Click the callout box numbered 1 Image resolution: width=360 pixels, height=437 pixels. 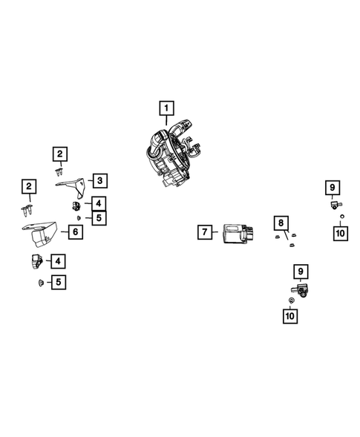click(166, 108)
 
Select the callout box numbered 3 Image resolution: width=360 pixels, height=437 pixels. click(99, 180)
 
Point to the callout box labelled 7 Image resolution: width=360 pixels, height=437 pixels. click(205, 231)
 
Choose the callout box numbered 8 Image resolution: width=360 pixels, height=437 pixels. click(281, 222)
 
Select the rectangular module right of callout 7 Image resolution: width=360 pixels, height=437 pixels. click(235, 234)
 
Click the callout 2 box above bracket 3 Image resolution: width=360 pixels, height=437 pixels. click(59, 154)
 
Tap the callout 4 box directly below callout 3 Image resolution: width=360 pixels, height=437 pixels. click(99, 202)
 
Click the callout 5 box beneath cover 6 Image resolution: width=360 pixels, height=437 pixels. click(58, 281)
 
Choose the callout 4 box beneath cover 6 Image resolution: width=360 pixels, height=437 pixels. click(58, 260)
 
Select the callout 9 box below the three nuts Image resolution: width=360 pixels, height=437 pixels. click(300, 271)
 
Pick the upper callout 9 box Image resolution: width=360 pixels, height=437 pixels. click(333, 187)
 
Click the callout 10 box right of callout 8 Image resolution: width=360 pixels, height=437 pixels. click(341, 234)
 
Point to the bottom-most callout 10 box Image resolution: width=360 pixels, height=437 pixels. click(289, 317)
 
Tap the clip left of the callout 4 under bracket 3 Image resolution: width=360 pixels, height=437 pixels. click(76, 205)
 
